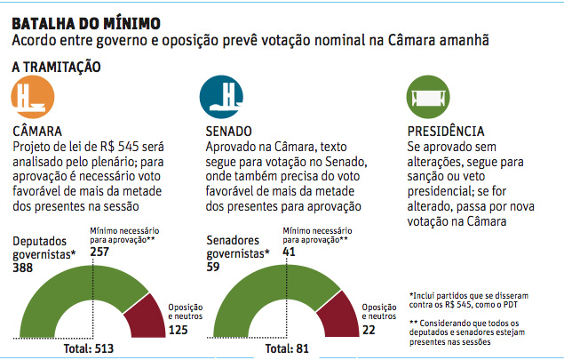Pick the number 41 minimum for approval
click(289, 252)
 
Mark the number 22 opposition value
click(367, 330)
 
